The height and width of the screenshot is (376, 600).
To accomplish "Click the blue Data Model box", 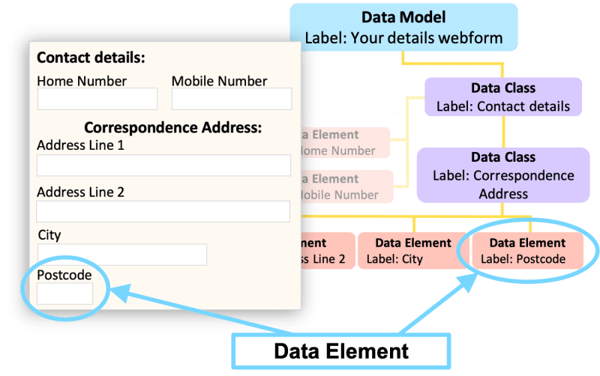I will [x=403, y=27].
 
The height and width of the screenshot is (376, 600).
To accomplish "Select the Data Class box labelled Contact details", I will [x=503, y=97].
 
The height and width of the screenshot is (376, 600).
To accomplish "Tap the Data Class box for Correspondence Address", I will [x=503, y=175].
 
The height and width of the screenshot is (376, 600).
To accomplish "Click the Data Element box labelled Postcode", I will [x=527, y=251].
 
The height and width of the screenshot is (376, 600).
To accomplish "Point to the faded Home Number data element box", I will [x=345, y=142].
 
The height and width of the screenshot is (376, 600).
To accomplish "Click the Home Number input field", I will [x=97, y=99].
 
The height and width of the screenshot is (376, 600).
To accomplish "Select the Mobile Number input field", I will [x=232, y=99].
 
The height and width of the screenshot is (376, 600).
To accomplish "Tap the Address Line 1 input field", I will [x=163, y=166].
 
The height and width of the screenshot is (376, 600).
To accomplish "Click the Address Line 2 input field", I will [x=163, y=212].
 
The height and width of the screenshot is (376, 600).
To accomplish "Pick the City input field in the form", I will [x=122, y=255].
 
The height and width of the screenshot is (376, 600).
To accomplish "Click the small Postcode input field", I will [x=65, y=294].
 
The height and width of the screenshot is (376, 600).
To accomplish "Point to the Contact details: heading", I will [x=91, y=58].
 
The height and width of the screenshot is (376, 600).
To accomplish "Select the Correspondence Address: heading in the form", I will [x=172, y=127].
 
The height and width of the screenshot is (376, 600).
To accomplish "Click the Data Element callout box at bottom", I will [x=340, y=351].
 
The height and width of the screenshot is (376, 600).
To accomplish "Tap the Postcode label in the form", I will [x=64, y=275].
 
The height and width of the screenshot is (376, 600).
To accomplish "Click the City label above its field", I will [x=49, y=235].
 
